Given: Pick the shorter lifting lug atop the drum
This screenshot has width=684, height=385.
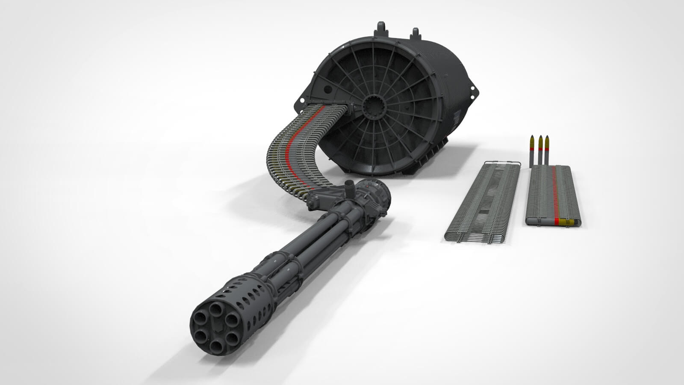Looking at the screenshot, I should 415,33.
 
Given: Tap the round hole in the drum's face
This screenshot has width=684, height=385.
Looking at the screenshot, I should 327,89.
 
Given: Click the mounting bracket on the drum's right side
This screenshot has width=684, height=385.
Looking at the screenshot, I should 473,91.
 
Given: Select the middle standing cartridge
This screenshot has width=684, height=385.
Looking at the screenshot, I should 540,150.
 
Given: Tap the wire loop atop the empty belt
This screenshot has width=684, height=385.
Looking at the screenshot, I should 502,163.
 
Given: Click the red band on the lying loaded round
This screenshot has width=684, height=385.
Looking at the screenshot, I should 557,221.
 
